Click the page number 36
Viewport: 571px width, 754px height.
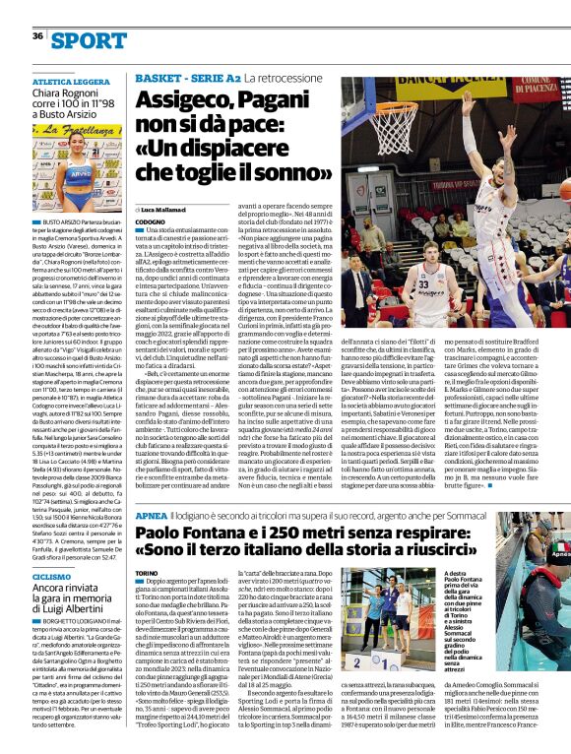pyautogui.click(x=37, y=36)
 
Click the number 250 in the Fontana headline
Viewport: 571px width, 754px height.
pyautogui.click(x=282, y=532)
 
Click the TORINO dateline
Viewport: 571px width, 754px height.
pyautogui.click(x=147, y=573)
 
